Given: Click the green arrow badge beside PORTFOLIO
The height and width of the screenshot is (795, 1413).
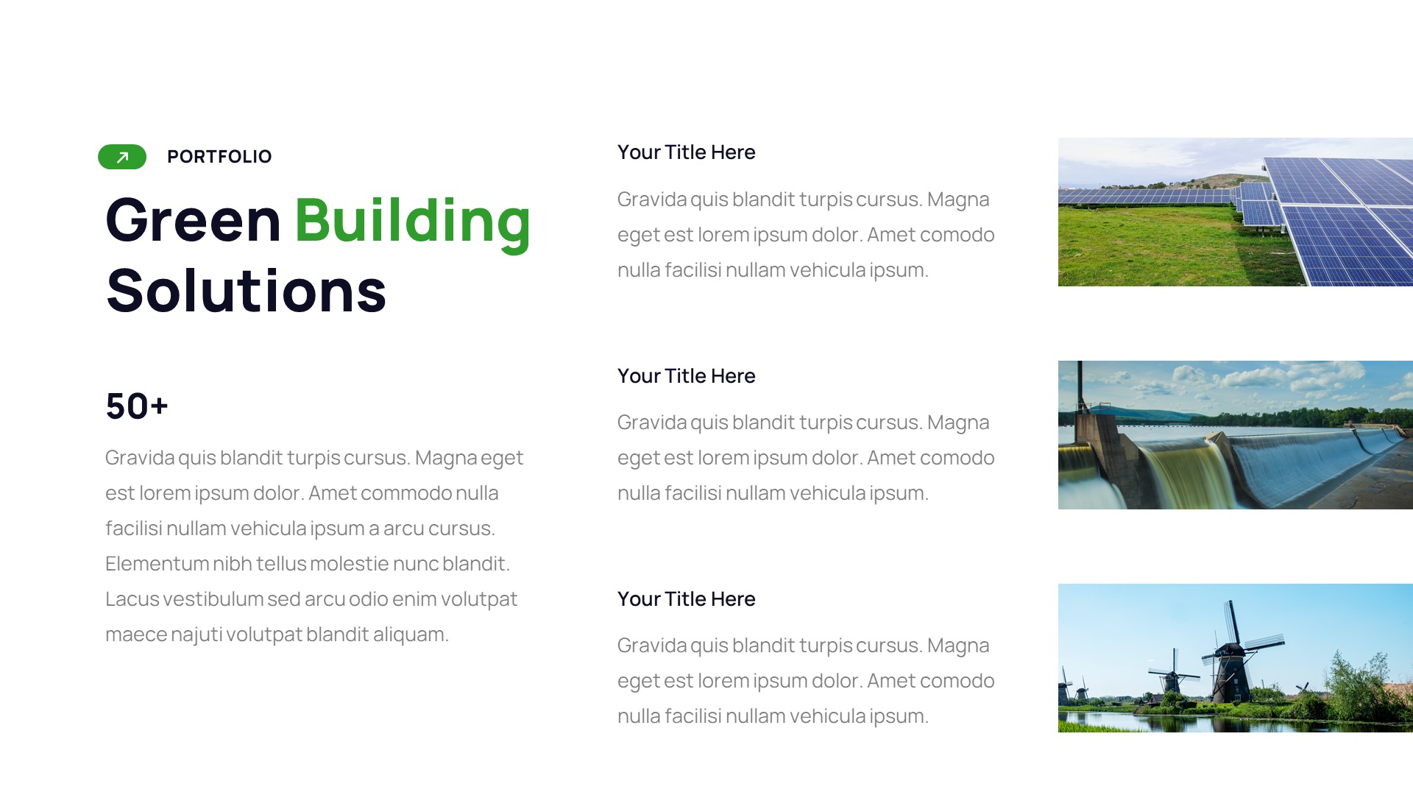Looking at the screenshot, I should pos(122,157).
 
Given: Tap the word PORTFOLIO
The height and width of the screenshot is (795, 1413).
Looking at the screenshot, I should pos(219,157).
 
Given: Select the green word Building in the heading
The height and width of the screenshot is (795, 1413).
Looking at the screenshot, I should pos(412,220).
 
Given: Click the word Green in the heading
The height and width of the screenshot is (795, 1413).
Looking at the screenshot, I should pos(193,220).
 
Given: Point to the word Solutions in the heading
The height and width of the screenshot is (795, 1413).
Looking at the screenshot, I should pos(246,291).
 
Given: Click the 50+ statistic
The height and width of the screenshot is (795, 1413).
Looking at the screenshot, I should pos(137,406).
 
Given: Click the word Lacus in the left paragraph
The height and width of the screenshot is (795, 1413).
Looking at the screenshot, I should pos(132,599).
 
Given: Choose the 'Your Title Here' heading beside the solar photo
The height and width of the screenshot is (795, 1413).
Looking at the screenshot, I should pos(686,152).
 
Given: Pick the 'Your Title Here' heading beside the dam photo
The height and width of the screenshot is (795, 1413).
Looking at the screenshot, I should pos(686,376).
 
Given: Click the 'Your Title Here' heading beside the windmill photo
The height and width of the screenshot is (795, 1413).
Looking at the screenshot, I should pos(686,599).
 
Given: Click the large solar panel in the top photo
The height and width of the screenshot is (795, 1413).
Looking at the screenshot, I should pos(1339,221).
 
